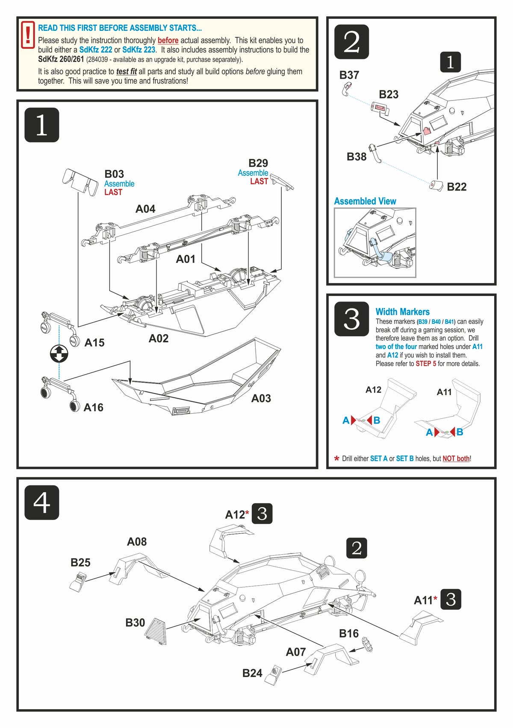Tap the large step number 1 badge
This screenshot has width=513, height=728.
tap(41, 125)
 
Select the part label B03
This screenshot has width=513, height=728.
tap(114, 174)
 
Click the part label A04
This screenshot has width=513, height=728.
tap(145, 209)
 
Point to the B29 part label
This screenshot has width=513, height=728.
tap(258, 163)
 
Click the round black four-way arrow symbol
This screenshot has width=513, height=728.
tap(59, 354)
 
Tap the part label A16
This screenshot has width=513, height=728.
tap(93, 407)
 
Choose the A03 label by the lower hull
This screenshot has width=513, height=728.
tap(261, 398)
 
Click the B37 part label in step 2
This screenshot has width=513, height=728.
tap(349, 75)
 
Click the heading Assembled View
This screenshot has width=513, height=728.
tap(365, 201)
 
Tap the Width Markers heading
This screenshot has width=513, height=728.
tap(402, 312)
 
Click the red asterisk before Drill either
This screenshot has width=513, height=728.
tap(337, 459)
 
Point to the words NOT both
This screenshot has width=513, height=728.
tap(456, 459)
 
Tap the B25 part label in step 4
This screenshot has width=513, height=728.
tap(80, 562)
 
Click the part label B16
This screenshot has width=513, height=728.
tap(348, 633)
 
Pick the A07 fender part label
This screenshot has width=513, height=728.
tap(296, 652)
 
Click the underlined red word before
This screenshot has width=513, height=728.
tap(168, 40)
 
